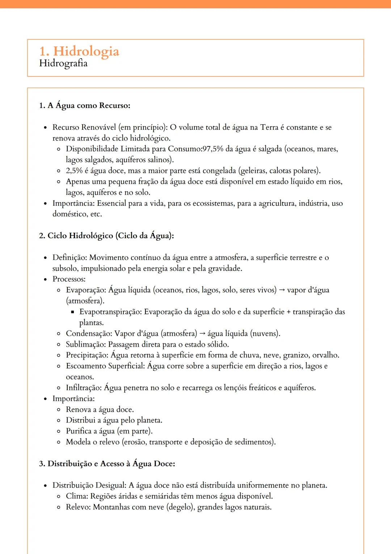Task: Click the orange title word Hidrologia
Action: pyautogui.click(x=86, y=51)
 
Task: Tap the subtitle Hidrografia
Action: pyautogui.click(x=63, y=63)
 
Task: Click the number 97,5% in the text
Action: pyautogui.click(x=213, y=149)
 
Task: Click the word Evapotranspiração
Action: pyautogui.click(x=110, y=312)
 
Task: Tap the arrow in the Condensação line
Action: pyautogui.click(x=202, y=334)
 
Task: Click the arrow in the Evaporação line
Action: pyautogui.click(x=282, y=290)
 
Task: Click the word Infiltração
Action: pyautogui.click(x=83, y=388)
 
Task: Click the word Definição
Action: pyautogui.click(x=69, y=257)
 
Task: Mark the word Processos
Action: pyautogui.click(x=68, y=279)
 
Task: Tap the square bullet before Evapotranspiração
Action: pyautogui.click(x=72, y=312)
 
